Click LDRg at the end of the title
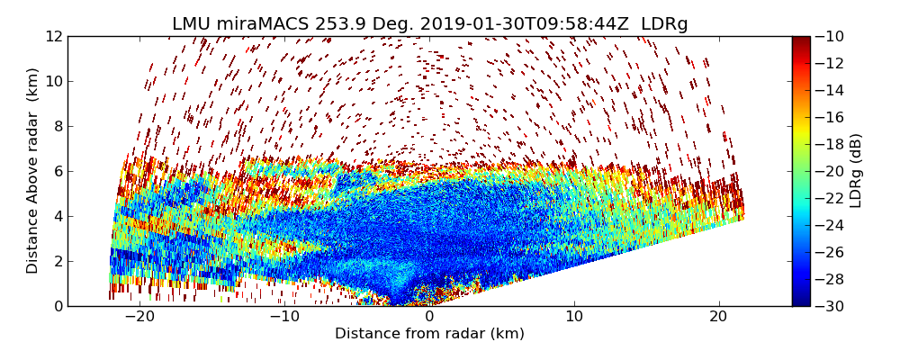(x=664, y=24)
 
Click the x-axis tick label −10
(x=283, y=317)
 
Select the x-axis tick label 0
(x=429, y=317)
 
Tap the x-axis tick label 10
(x=574, y=317)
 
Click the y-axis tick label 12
(x=53, y=36)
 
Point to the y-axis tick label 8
(x=57, y=126)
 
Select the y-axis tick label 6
(x=57, y=171)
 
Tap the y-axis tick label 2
(x=57, y=261)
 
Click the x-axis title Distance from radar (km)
(x=429, y=334)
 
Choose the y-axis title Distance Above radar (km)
(x=33, y=171)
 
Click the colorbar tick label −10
(x=832, y=36)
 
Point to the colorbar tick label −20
(x=832, y=171)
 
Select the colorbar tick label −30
(x=832, y=306)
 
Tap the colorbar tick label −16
(x=832, y=117)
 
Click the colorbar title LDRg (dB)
(x=856, y=171)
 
